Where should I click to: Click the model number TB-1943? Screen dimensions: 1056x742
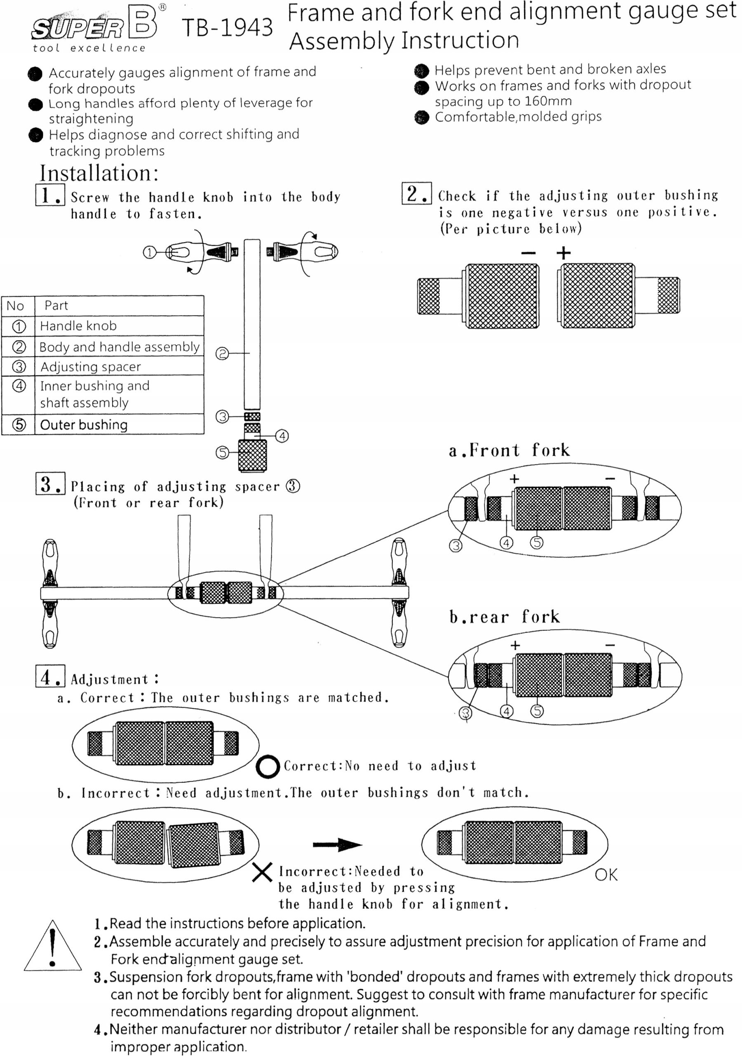[x=227, y=28]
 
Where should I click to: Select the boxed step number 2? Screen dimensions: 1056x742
[x=416, y=193]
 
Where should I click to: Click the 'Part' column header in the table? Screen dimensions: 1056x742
[x=56, y=305]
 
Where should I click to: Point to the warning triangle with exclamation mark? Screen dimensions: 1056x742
[x=53, y=947]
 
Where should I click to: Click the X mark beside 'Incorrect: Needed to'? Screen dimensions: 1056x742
[x=262, y=872]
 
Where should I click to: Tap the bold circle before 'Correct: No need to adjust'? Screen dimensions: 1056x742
[x=268, y=767]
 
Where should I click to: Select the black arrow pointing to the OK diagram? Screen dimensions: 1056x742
[x=337, y=844]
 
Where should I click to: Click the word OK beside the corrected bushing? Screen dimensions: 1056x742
[x=606, y=874]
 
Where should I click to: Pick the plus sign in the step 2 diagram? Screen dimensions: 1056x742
[x=564, y=253]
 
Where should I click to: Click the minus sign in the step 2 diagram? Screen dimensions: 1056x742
[x=529, y=253]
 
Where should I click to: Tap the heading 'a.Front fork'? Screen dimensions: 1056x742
[x=509, y=450]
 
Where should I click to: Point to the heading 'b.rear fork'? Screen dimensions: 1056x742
[x=504, y=617]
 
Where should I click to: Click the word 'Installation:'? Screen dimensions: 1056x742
[x=99, y=173]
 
